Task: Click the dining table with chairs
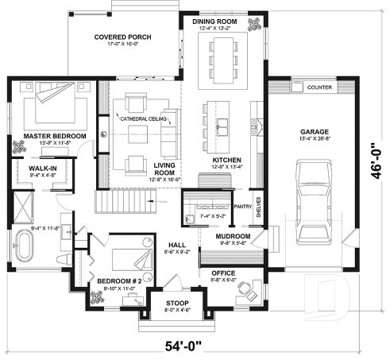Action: (x=223, y=59)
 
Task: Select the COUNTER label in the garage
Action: (x=319, y=87)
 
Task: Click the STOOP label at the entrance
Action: (x=176, y=303)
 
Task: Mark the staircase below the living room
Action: (x=123, y=205)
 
